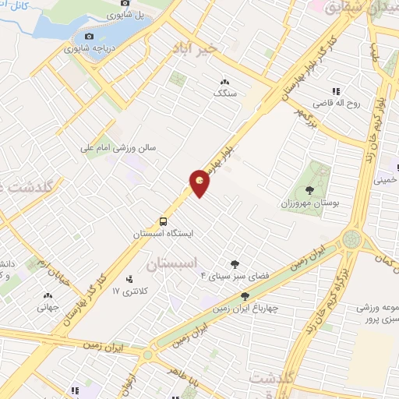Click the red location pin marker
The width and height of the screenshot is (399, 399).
coord(200,183)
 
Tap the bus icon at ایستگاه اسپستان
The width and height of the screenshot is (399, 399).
coord(163,221)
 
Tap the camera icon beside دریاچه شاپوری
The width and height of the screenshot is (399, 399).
coord(89,37)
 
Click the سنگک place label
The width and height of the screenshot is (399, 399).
coord(224,93)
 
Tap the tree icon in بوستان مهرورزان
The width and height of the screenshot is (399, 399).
coord(310,189)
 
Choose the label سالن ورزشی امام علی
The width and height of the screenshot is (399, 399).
coord(122,147)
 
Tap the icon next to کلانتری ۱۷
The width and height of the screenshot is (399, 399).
coord(129,278)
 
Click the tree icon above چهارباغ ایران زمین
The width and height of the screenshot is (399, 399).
coord(245,295)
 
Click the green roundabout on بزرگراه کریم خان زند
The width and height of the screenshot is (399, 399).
coord(352,238)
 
